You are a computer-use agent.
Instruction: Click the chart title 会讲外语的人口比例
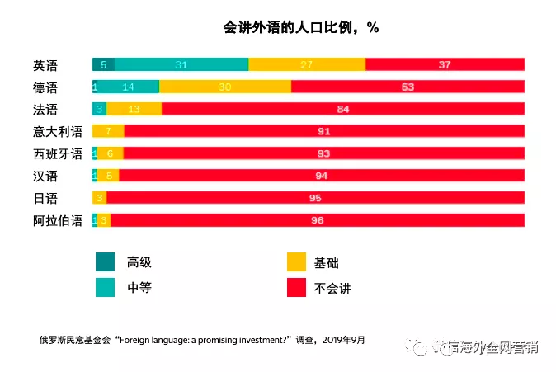coord(300,27)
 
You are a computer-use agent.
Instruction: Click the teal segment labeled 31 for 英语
coord(181,64)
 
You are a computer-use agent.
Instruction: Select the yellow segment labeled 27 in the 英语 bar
coord(307,64)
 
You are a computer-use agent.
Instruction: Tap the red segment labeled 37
coord(445,64)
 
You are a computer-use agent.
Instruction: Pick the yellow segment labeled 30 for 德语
coord(225,87)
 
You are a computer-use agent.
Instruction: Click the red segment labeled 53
coord(408,87)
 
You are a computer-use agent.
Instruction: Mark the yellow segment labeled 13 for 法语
coord(134,109)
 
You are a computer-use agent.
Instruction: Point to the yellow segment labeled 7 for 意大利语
coord(108,131)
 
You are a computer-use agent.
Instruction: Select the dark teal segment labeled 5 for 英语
coord(103,64)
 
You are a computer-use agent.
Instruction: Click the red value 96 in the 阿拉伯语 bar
coord(317,220)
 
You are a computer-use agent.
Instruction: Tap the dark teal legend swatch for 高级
coord(105,262)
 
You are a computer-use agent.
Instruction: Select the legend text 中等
coord(139,288)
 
